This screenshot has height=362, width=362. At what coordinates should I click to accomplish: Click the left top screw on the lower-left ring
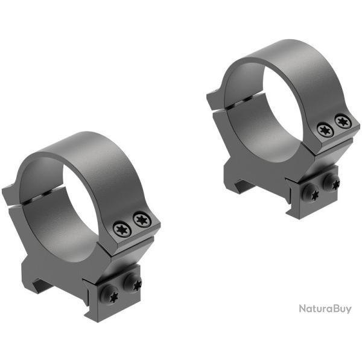[120, 227]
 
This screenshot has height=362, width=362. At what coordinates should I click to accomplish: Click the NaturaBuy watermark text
[325, 308]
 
